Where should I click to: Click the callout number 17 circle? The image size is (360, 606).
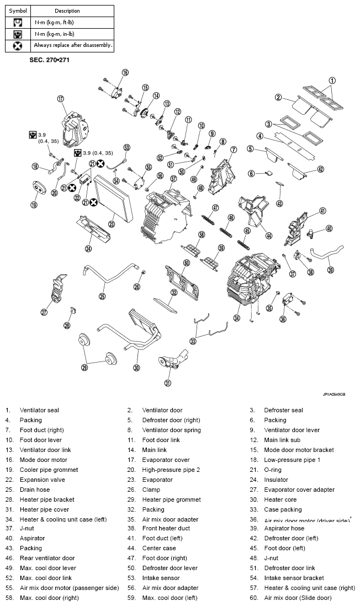(x=61, y=99)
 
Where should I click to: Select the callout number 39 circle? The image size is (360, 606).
(x=331, y=270)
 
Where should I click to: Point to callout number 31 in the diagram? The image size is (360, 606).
(x=168, y=383)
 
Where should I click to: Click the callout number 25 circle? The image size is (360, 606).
(x=102, y=296)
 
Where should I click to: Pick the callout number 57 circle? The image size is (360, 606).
(x=173, y=179)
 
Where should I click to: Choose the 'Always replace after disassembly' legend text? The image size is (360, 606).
(x=73, y=45)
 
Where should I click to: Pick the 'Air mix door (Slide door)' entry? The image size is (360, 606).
(x=298, y=598)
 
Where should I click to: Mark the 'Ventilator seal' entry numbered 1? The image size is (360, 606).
(x=39, y=410)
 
